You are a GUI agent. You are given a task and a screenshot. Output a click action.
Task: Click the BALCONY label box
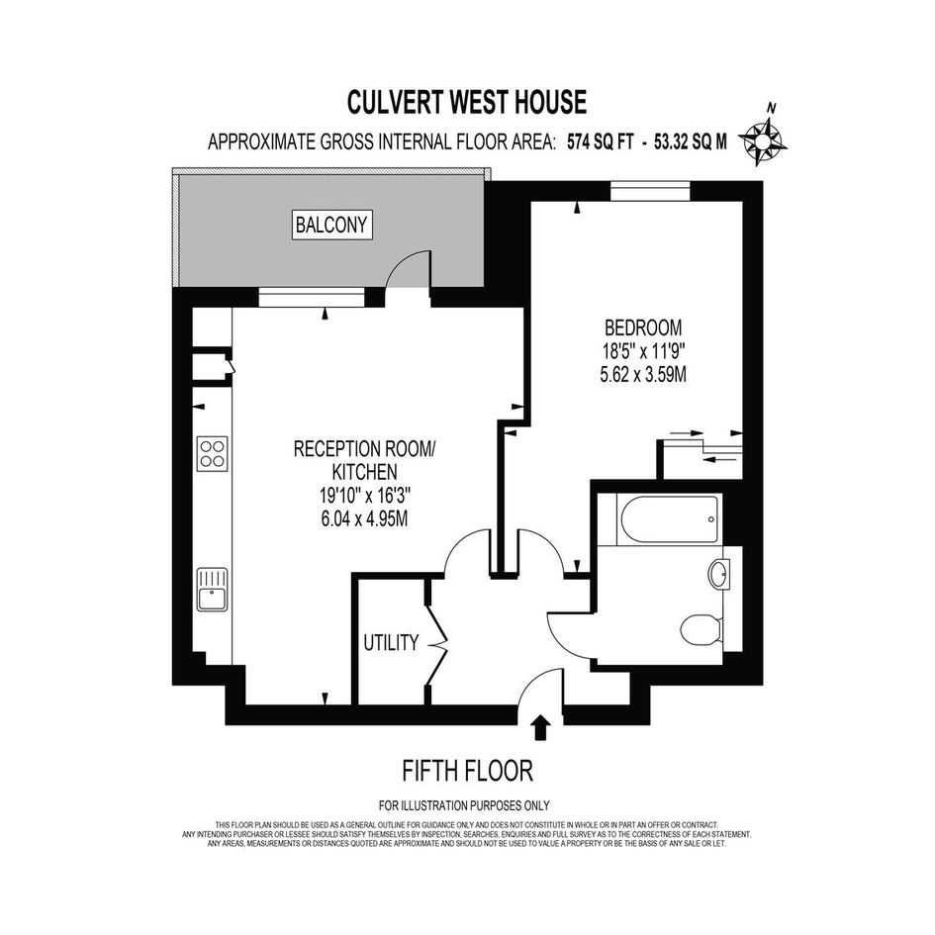click(332, 225)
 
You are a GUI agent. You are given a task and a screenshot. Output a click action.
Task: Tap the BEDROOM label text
click(643, 327)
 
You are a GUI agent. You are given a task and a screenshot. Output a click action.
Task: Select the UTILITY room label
click(391, 643)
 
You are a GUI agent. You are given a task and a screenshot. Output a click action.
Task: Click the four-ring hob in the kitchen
click(213, 454)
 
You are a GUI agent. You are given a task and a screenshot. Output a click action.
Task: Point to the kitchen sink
click(213, 589)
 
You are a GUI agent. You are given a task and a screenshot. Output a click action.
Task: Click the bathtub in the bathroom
click(669, 519)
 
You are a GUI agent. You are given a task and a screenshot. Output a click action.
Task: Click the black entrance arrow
click(540, 727)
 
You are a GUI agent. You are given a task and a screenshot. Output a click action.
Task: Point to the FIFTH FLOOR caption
click(467, 771)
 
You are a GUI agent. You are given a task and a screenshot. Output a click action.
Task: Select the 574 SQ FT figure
click(600, 141)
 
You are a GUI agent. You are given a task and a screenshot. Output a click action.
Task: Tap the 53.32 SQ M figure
click(691, 141)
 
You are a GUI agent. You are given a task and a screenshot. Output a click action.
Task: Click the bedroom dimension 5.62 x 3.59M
click(643, 375)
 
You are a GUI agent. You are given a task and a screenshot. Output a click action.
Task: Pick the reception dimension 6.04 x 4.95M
click(364, 518)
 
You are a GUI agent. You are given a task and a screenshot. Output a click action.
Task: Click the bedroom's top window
click(650, 191)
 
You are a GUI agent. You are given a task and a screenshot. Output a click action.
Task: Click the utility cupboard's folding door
click(436, 644)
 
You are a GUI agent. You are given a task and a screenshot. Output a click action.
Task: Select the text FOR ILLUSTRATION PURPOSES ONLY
click(464, 805)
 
